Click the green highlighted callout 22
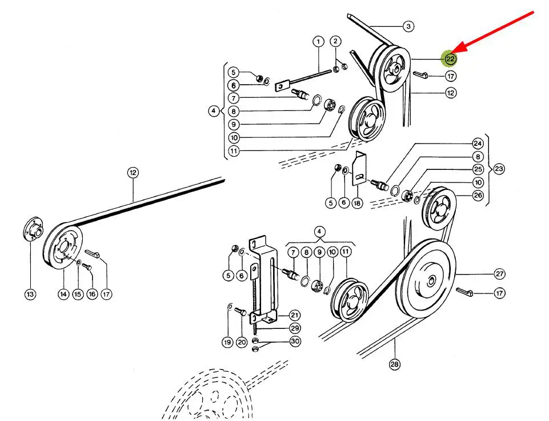(450, 58)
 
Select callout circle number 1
(318, 42)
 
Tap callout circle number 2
(335, 41)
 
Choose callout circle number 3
(408, 26)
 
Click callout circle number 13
(30, 294)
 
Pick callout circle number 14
(63, 294)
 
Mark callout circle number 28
(394, 364)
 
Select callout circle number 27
(499, 274)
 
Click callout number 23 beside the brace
(499, 169)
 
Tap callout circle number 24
(478, 144)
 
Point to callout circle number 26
(478, 195)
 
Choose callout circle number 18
(357, 202)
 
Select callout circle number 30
(295, 341)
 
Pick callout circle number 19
(227, 342)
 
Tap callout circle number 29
(295, 328)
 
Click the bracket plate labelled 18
(359, 168)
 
